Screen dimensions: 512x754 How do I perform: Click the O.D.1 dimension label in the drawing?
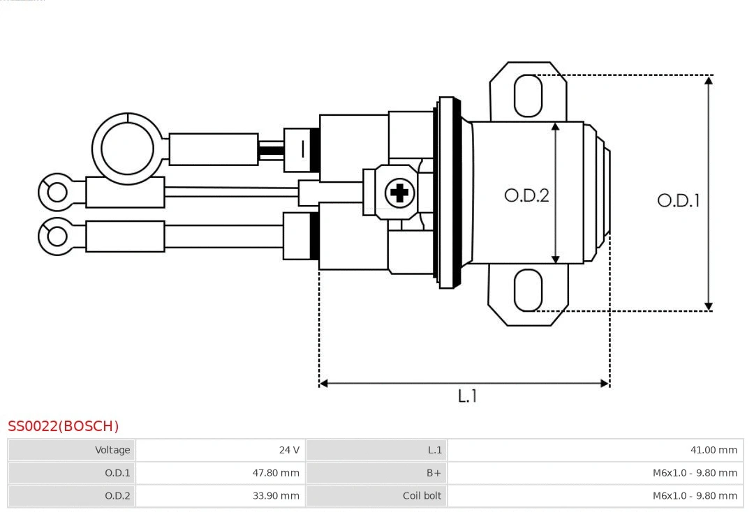(x=678, y=201)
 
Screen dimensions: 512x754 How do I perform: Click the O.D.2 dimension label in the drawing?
(x=526, y=195)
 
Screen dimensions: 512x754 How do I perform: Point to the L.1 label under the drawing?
(x=467, y=396)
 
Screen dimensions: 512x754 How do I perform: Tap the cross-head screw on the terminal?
(x=399, y=192)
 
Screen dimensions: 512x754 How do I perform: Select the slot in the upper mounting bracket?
(x=528, y=96)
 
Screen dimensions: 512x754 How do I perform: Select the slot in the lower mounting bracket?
(x=528, y=290)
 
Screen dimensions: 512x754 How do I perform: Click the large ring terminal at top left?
(x=126, y=149)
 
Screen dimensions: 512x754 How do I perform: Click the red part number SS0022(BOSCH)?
(x=64, y=426)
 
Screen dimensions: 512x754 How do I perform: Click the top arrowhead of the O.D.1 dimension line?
(x=709, y=80)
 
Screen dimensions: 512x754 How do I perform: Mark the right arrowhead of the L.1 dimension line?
(x=605, y=383)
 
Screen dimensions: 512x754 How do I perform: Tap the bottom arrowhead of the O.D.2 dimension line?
(x=556, y=259)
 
